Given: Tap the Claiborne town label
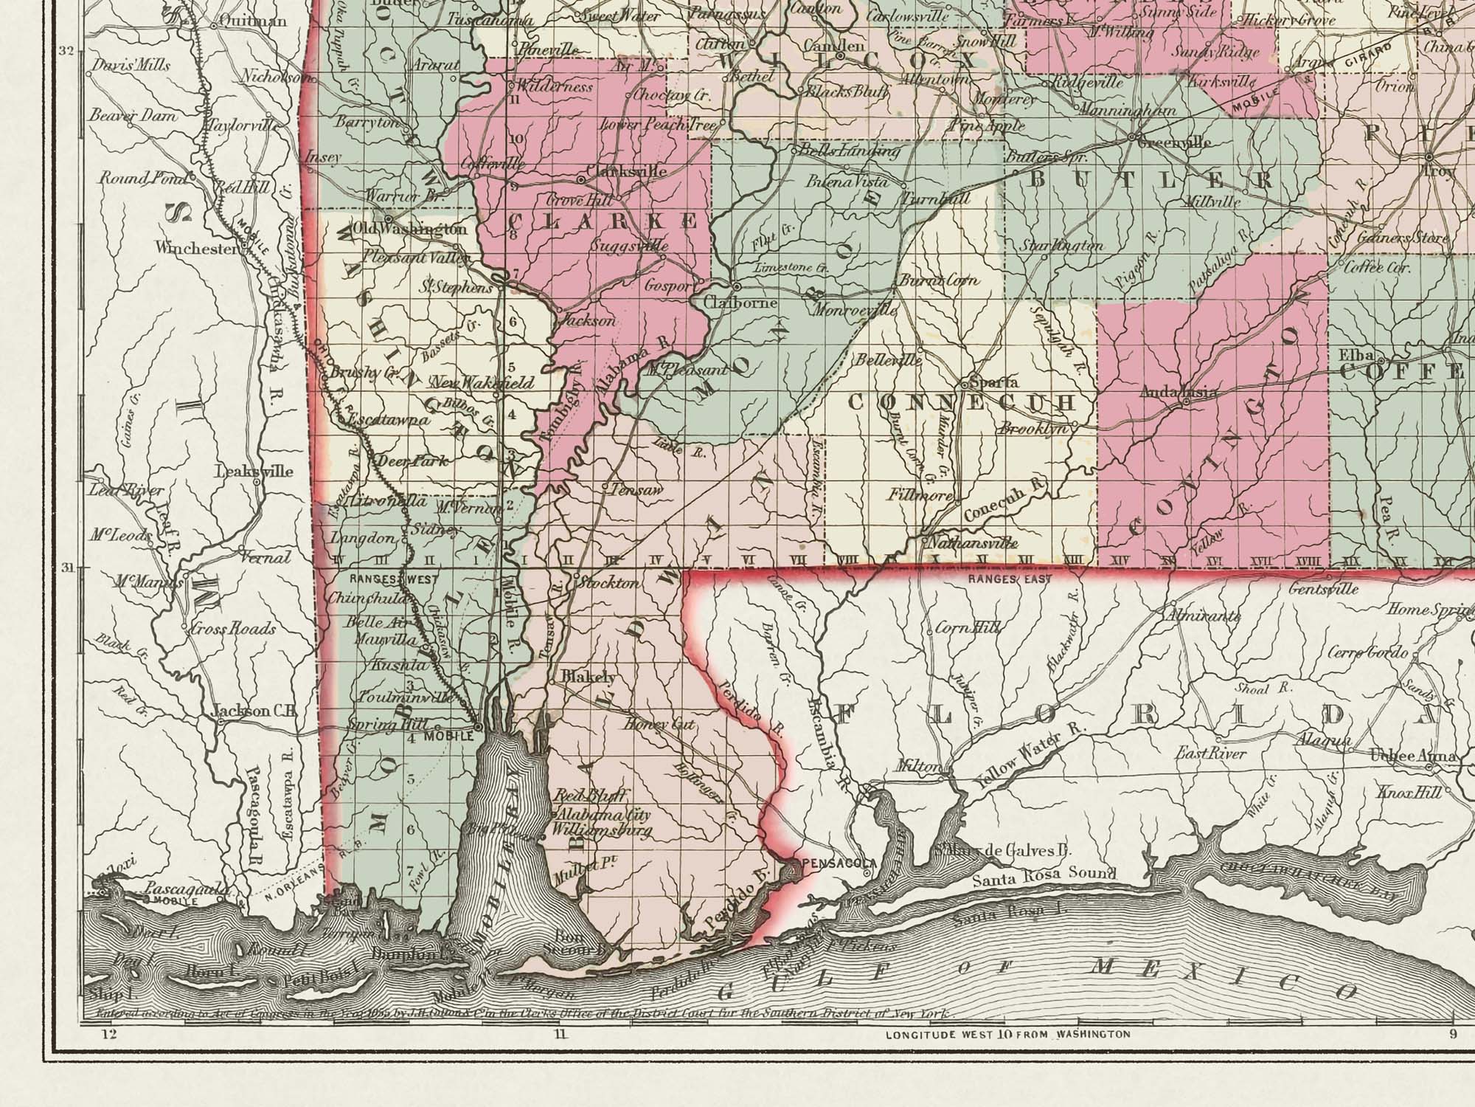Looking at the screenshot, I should click(x=731, y=303).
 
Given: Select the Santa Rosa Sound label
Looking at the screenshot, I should click(x=1044, y=876).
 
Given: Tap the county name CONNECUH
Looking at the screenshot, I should click(x=962, y=403).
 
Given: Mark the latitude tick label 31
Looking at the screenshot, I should click(x=66, y=568).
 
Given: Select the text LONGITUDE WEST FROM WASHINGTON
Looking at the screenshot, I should click(x=1007, y=1034).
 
